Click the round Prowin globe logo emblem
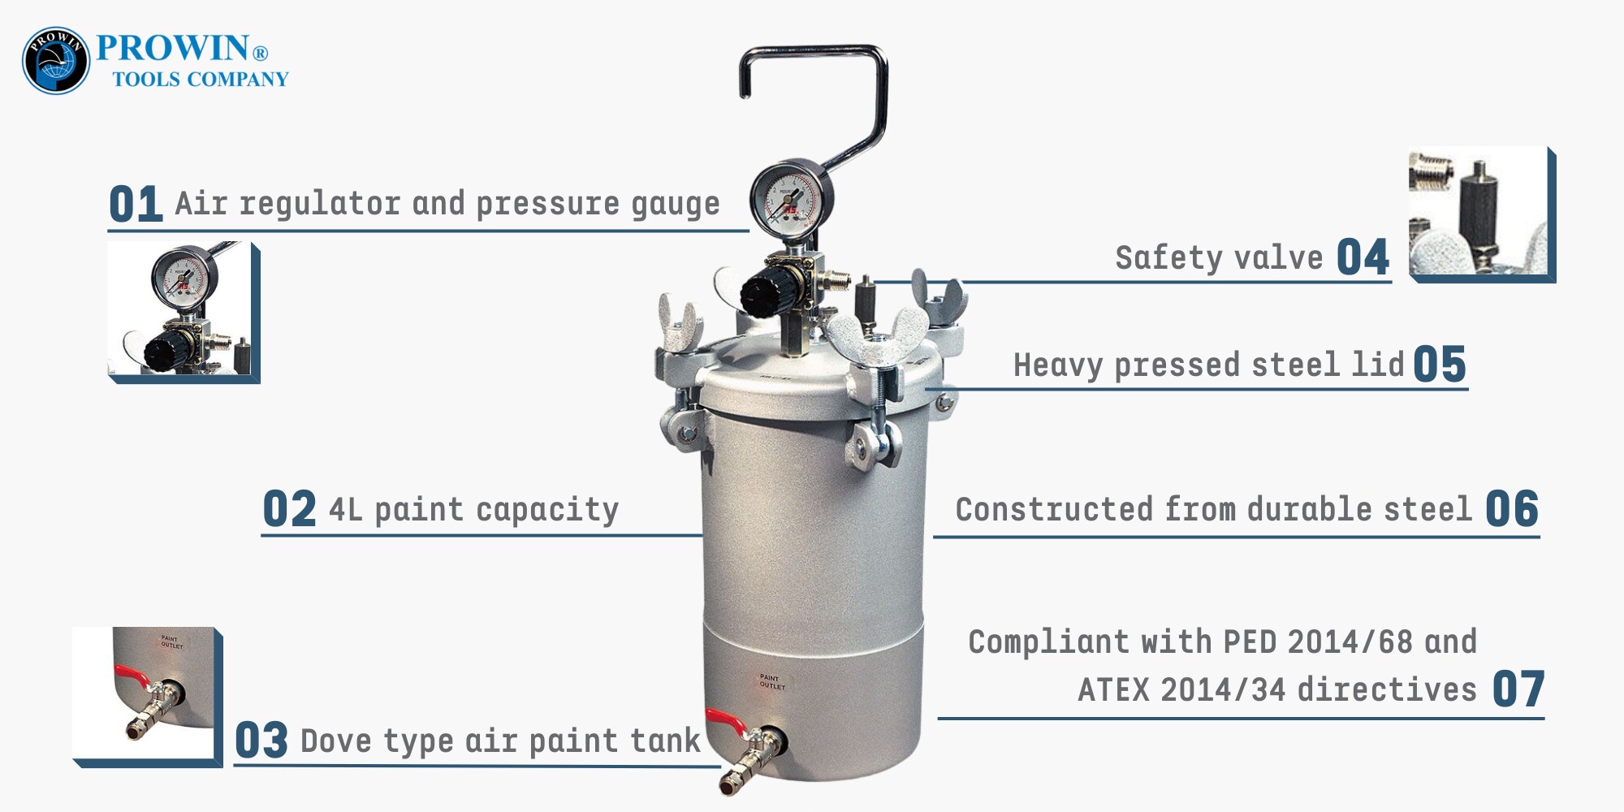pyautogui.click(x=56, y=60)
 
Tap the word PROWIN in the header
pyautogui.click(x=172, y=48)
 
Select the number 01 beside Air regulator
pyautogui.click(x=136, y=204)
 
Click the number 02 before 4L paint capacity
pyautogui.click(x=289, y=509)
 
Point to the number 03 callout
pyautogui.click(x=261, y=741)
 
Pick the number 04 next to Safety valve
pyautogui.click(x=1363, y=257)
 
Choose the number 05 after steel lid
pyautogui.click(x=1440, y=364)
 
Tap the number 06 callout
pyautogui.click(x=1512, y=509)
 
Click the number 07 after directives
pyautogui.click(x=1518, y=689)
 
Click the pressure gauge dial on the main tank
pyautogui.click(x=786, y=198)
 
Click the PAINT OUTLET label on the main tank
pyautogui.click(x=771, y=682)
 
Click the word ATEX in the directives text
pyautogui.click(x=1113, y=689)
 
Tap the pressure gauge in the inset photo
pyautogui.click(x=179, y=279)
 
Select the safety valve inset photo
pyautogui.click(x=1482, y=214)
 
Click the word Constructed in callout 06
pyautogui.click(x=1054, y=509)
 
